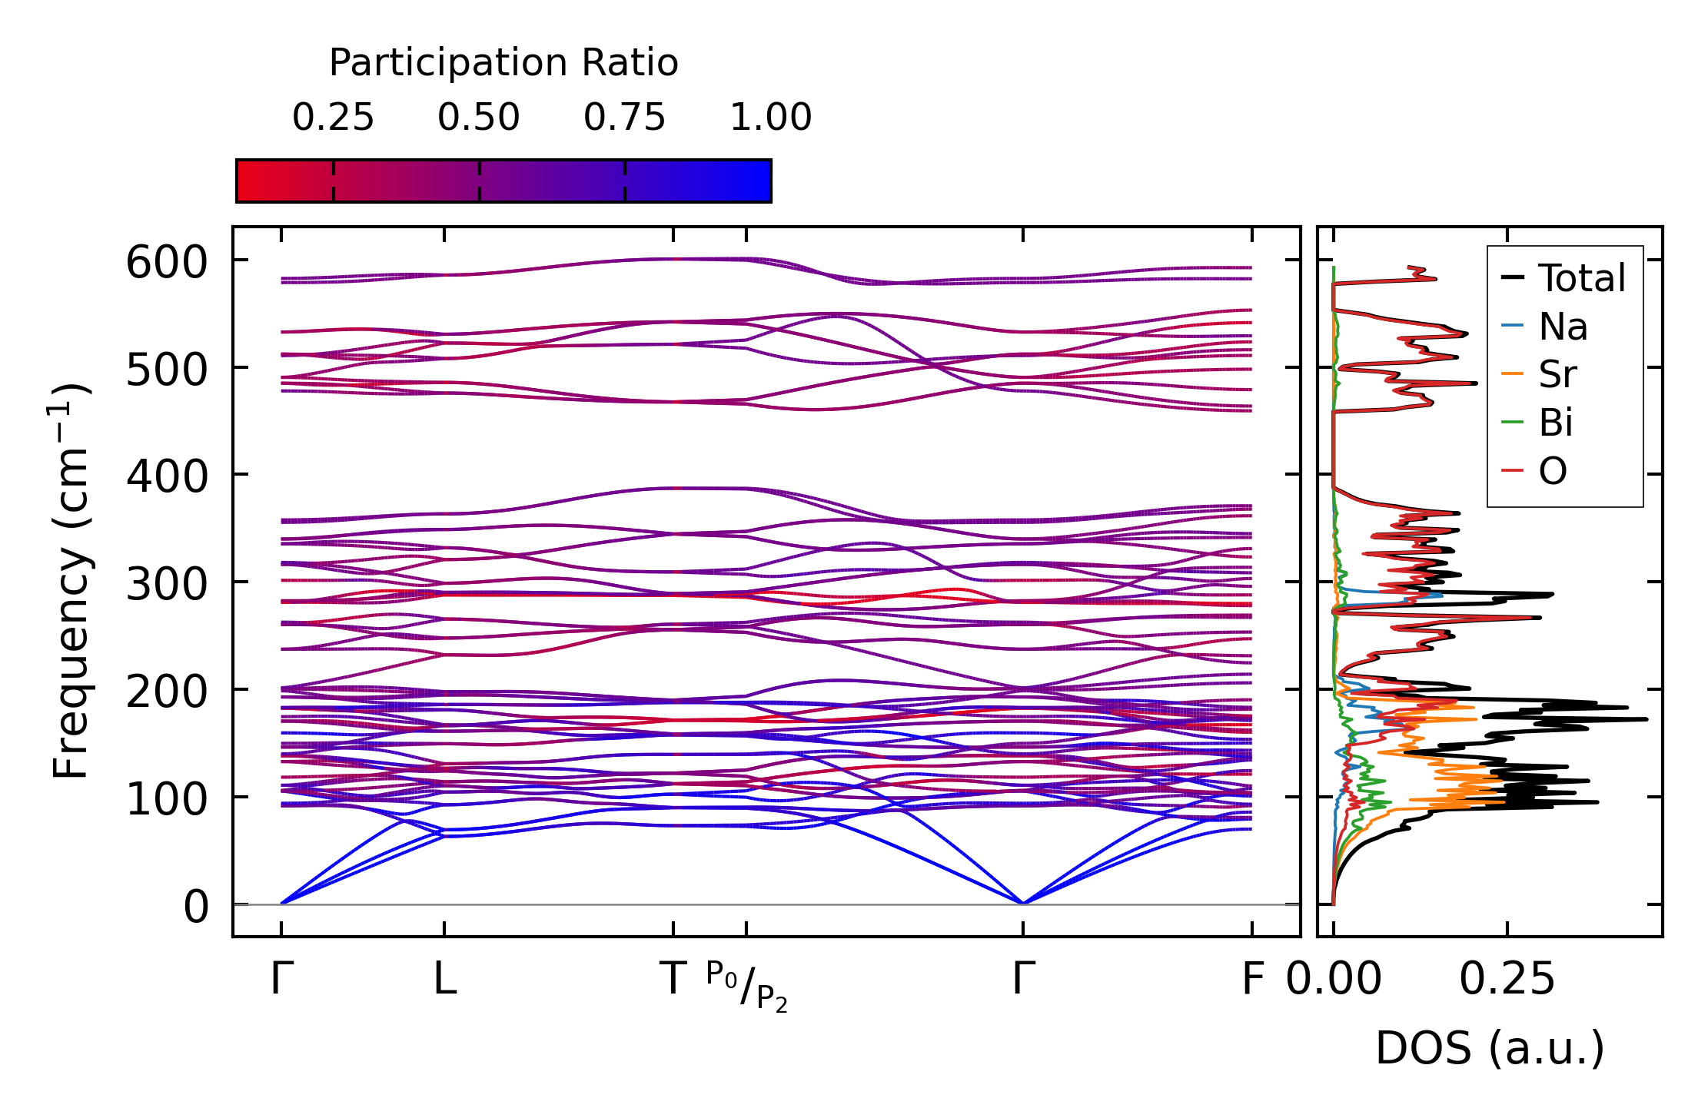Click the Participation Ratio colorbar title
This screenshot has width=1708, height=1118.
[x=503, y=63]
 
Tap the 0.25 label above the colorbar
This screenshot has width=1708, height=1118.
[x=333, y=118]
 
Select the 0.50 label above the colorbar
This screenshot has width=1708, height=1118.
[x=479, y=118]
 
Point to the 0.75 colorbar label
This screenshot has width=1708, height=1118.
[x=624, y=118]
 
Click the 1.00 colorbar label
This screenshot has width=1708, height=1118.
[x=770, y=118]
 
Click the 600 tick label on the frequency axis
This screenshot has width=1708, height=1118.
[x=167, y=263]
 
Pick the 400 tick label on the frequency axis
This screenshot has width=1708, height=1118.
[x=167, y=476]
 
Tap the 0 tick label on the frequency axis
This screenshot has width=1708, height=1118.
[x=196, y=907]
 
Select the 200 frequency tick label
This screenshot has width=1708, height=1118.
[x=167, y=692]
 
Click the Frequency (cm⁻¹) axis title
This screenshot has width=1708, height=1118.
[x=71, y=581]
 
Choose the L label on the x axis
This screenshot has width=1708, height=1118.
[x=445, y=980]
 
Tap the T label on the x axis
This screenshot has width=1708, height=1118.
[x=673, y=980]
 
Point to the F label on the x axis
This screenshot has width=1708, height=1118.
[x=1252, y=980]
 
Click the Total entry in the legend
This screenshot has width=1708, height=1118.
[x=1581, y=278]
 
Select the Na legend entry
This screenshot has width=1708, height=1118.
[x=1563, y=327]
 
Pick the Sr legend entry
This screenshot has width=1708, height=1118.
[x=1557, y=375]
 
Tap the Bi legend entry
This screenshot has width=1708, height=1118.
[x=1555, y=423]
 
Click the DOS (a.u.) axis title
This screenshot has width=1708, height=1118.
[x=1490, y=1048]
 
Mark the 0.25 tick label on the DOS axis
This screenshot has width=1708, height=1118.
[x=1507, y=980]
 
